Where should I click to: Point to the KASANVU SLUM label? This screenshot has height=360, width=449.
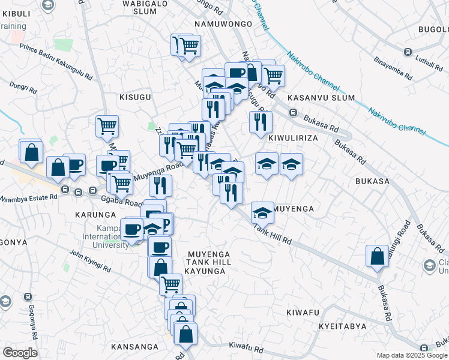[x=321, y=97]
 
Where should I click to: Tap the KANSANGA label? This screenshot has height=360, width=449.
[x=134, y=347]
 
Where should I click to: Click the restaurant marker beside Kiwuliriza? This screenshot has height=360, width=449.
[x=261, y=122]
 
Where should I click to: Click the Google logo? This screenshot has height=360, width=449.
[x=19, y=353]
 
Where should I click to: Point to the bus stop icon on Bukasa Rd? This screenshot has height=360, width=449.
[x=294, y=112]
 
